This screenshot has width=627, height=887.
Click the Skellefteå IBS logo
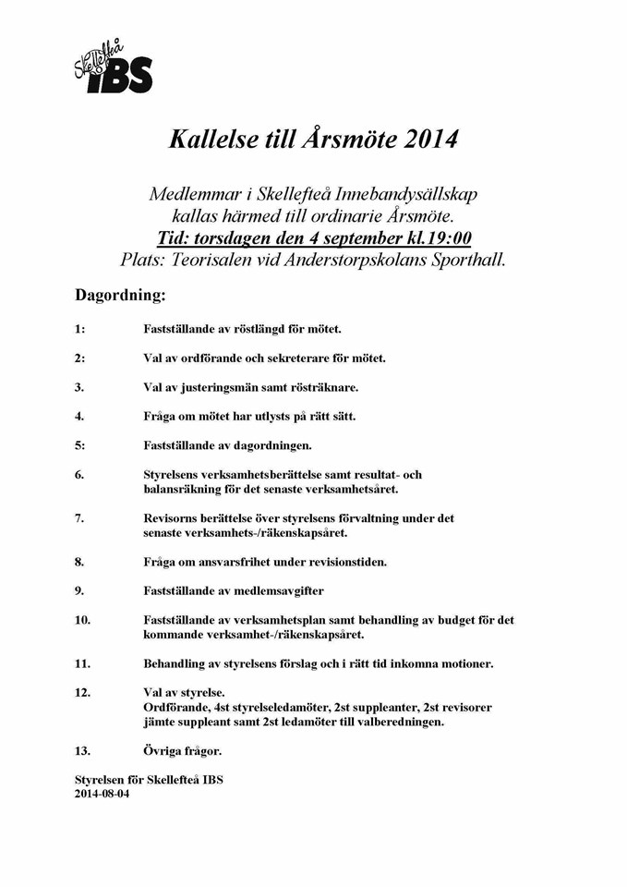pos(113,65)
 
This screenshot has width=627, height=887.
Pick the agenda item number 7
pos(79,518)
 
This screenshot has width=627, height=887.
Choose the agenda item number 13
pos(82,751)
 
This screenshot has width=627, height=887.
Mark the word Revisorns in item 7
pos(173,518)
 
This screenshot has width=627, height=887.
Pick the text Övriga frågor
pos(182,751)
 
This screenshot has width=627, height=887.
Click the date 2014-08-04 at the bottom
pos(102,793)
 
